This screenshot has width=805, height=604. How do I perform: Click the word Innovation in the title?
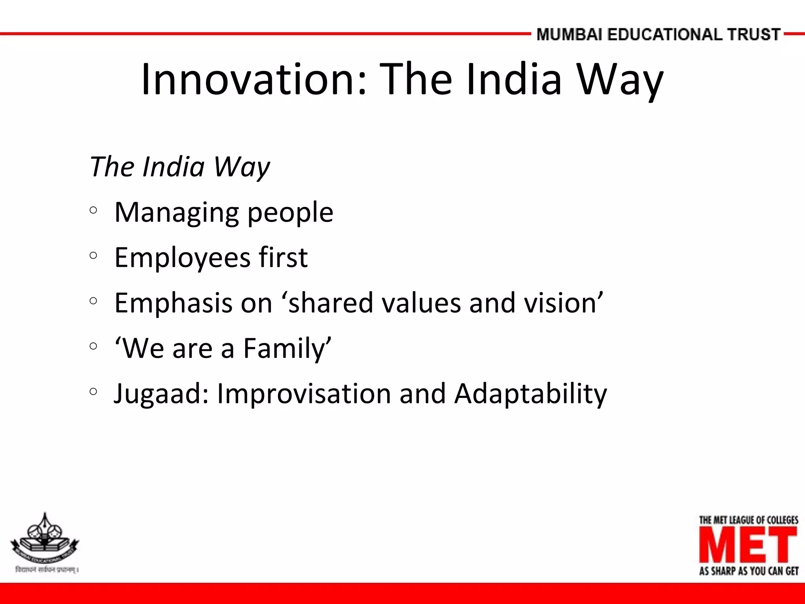[254, 79]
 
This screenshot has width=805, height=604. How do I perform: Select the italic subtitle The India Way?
[180, 167]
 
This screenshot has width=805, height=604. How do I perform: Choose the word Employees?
[182, 258]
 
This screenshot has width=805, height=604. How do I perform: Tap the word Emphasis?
[173, 303]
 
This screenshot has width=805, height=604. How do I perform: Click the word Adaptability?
[530, 394]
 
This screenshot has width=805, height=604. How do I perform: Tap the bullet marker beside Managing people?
[93, 210]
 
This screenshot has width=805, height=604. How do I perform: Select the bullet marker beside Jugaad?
[93, 391]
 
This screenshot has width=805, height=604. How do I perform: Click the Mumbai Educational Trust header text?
[658, 35]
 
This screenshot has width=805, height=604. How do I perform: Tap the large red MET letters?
[748, 545]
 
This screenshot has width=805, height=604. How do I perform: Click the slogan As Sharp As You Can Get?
[748, 571]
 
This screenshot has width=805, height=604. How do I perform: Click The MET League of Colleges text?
[748, 520]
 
